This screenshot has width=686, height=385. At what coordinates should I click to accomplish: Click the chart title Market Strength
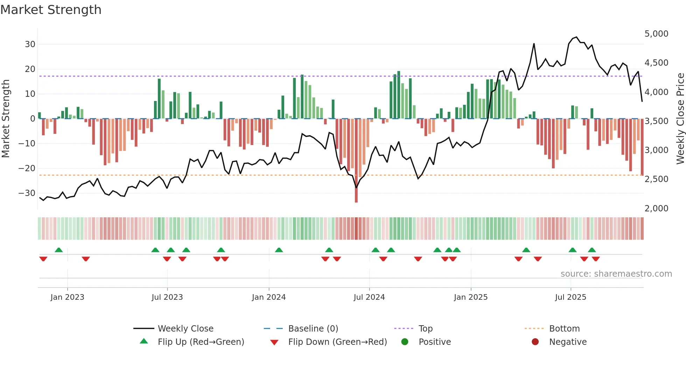click(x=51, y=10)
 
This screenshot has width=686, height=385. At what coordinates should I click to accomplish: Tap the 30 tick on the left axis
click(x=30, y=44)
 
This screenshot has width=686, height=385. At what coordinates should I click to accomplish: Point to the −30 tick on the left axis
click(x=27, y=193)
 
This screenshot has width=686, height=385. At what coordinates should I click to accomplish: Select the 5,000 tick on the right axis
click(x=656, y=34)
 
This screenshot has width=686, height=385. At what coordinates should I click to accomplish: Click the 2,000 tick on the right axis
click(x=656, y=209)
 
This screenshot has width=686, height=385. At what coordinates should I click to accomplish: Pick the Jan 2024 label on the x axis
click(x=269, y=297)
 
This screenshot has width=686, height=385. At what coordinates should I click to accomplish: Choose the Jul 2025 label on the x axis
click(x=570, y=297)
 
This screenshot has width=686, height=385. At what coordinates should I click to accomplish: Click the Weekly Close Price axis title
click(x=680, y=119)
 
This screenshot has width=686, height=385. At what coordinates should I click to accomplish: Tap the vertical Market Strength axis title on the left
click(x=6, y=119)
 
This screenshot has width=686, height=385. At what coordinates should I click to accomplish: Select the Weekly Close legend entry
click(x=185, y=329)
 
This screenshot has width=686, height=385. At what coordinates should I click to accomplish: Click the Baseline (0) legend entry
click(x=313, y=329)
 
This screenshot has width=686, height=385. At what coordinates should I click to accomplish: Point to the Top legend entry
click(x=425, y=329)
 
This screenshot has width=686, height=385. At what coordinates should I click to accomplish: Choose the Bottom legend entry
click(x=564, y=329)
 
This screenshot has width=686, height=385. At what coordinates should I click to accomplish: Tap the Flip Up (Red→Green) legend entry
click(x=201, y=342)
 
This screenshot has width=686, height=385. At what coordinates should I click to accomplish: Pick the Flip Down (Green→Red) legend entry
click(x=337, y=342)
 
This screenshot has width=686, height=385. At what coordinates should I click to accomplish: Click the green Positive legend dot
click(x=405, y=342)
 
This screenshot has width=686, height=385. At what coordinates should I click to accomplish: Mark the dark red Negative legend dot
click(x=535, y=342)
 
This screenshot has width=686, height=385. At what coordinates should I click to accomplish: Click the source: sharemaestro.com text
click(x=616, y=274)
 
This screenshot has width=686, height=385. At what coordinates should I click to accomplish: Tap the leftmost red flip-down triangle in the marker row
click(x=43, y=259)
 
